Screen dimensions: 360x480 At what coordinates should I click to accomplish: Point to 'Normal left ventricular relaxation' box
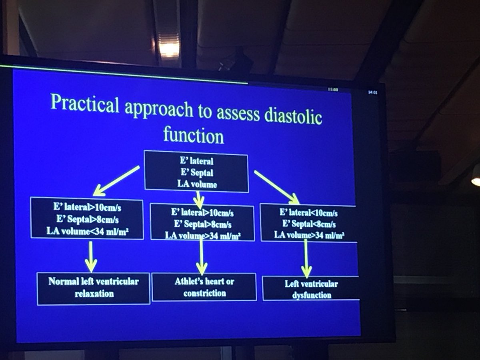pos(94,288)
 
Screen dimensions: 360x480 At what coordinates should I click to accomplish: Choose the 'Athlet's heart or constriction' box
pos(204,287)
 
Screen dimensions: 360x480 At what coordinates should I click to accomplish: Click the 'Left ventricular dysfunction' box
pos(311,289)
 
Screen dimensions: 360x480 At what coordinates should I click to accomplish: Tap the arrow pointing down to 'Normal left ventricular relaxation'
pos(91,256)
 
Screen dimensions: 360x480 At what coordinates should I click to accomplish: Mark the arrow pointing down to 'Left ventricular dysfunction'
pos(306,258)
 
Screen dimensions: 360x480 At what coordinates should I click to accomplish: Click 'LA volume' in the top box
pos(197,184)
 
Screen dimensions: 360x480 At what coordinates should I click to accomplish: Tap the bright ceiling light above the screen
pos(169,49)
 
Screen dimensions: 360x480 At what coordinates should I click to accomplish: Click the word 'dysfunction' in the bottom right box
pos(311,296)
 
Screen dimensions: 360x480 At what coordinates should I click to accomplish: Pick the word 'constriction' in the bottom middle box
pos(204,293)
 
